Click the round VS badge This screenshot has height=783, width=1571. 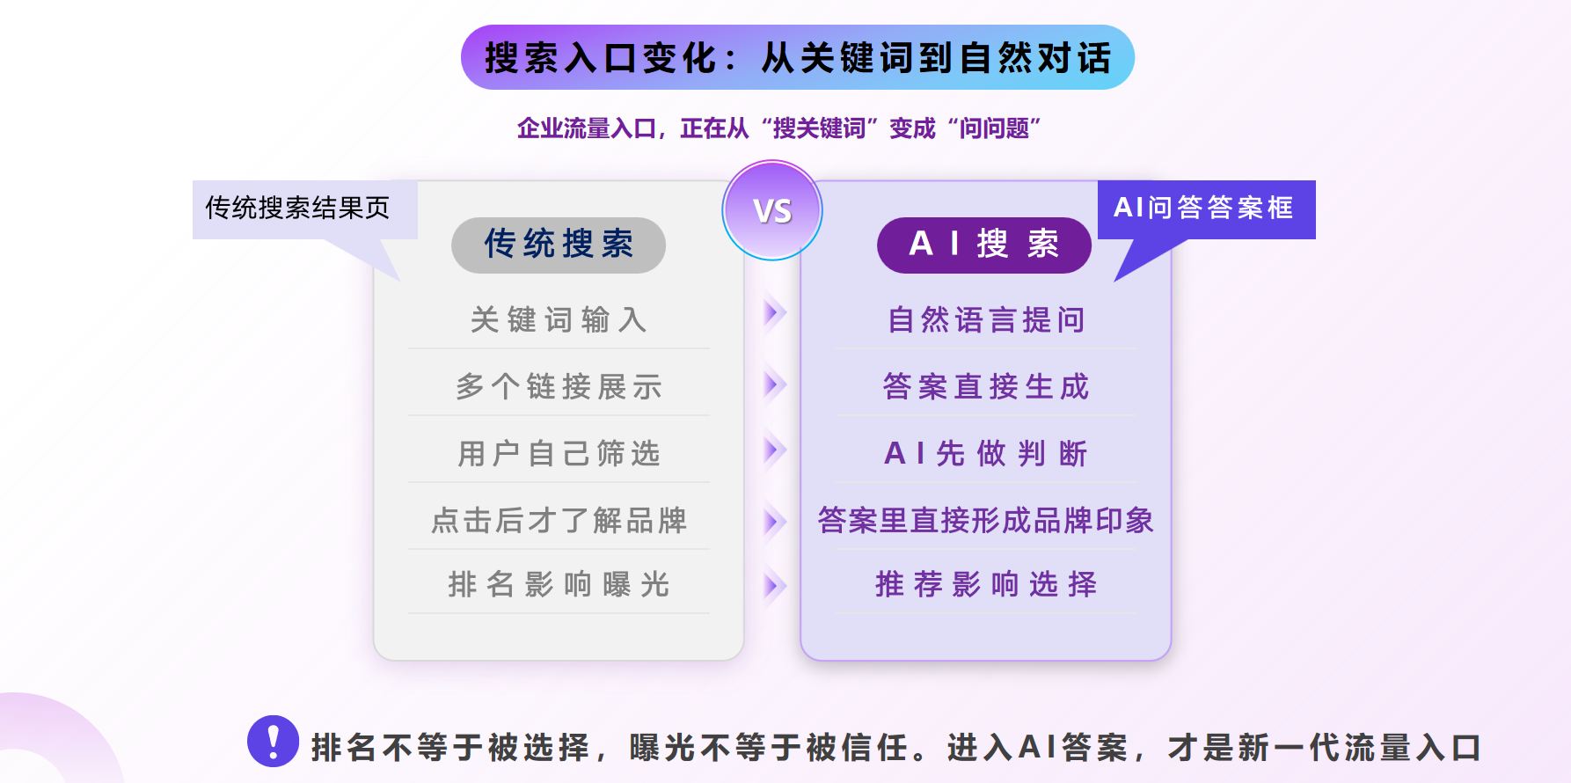772,210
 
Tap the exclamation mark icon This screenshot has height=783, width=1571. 273,741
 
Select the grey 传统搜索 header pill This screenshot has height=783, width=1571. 559,245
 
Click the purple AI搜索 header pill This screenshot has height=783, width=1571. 984,245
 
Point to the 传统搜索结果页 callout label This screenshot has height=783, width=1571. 297,209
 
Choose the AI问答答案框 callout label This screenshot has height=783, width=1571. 1205,209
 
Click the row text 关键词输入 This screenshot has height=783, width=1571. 559,319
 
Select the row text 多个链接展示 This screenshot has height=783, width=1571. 559,386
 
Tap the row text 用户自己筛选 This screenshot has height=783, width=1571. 559,453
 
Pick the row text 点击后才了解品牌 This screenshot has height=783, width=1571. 559,520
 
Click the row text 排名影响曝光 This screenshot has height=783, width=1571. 559,584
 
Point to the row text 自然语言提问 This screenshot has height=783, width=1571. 986,319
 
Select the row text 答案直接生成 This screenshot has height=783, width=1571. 986,386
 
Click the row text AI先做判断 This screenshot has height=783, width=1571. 986,453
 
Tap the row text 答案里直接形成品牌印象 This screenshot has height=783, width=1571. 986,520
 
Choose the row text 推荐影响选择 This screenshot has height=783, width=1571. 986,584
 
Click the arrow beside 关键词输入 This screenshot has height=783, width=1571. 774,312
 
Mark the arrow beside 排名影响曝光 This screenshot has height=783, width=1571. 774,585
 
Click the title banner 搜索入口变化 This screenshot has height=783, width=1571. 798,57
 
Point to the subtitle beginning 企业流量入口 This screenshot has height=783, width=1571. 778,128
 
